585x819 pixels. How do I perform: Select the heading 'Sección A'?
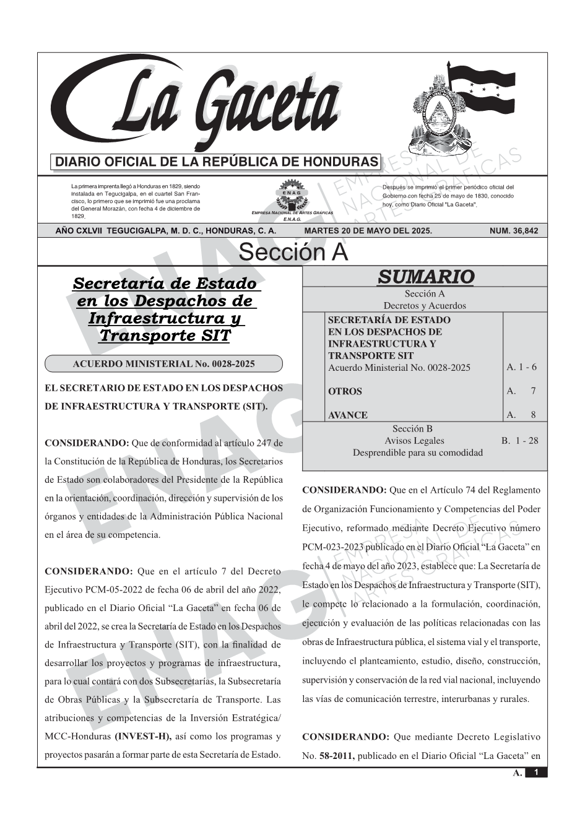pyautogui.click(x=293, y=253)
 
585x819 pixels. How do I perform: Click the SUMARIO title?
pyautogui.click(x=425, y=277)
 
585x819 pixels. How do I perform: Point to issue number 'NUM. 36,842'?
pyautogui.click(x=513, y=231)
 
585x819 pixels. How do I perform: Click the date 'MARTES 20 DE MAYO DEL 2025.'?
pyautogui.click(x=368, y=231)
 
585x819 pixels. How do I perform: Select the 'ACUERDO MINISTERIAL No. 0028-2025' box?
pyautogui.click(x=164, y=364)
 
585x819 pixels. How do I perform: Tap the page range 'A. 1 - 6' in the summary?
pyautogui.click(x=521, y=367)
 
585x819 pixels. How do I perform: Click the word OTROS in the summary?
pyautogui.click(x=345, y=391)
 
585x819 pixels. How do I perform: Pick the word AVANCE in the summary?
pyautogui.click(x=347, y=415)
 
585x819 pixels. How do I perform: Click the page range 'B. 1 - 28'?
pyautogui.click(x=519, y=441)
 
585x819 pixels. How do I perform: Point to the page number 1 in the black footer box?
pyautogui.click(x=536, y=772)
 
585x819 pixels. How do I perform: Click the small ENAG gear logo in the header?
pyautogui.click(x=292, y=193)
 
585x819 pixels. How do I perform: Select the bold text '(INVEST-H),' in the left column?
pyautogui.click(x=143, y=737)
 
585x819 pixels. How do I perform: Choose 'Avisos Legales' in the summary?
pyautogui.click(x=414, y=441)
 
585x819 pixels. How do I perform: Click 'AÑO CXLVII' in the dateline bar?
pyautogui.click(x=79, y=231)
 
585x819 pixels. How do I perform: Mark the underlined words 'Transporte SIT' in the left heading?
pyautogui.click(x=164, y=336)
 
